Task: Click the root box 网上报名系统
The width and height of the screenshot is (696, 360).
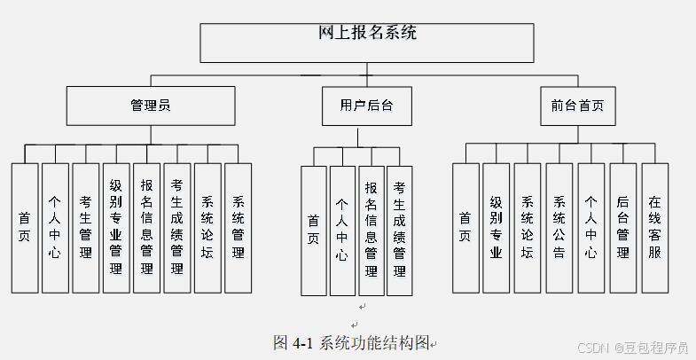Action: click(366, 42)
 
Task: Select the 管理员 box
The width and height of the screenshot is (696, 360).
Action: click(151, 106)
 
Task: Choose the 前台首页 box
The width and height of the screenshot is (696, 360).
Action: click(577, 106)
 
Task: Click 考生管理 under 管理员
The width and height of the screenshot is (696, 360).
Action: click(85, 228)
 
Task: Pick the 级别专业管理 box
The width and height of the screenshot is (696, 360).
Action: click(116, 228)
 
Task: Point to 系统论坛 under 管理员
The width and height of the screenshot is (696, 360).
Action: click(207, 228)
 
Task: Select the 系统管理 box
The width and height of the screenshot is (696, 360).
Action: click(238, 228)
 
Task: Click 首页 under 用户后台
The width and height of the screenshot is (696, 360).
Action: click(314, 231)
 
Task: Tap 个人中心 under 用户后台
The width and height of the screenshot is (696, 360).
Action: click(342, 231)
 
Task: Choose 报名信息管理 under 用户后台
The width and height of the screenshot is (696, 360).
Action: click(371, 231)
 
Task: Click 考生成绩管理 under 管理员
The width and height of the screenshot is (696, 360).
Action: click(177, 228)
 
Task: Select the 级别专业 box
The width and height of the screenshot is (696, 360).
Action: click(496, 228)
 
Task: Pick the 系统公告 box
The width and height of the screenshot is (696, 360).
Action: click(559, 228)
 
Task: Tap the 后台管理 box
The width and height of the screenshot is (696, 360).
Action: click(622, 228)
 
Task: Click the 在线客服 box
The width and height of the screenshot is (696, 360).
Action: click(654, 228)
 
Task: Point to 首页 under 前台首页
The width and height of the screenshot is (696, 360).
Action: click(465, 228)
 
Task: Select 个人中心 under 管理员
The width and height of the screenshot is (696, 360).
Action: click(55, 228)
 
